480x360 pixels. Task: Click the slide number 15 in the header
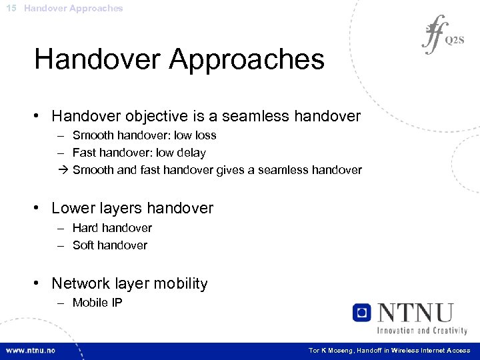(x=9, y=8)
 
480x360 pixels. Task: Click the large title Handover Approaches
(x=179, y=59)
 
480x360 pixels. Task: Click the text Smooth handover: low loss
(x=144, y=135)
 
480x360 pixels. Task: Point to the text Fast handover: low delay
(x=139, y=153)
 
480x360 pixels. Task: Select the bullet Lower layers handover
(x=132, y=208)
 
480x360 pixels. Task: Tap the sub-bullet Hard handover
(x=112, y=228)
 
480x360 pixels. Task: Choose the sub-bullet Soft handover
(x=110, y=245)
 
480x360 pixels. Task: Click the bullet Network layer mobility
(x=129, y=283)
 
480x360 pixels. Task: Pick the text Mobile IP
(x=97, y=303)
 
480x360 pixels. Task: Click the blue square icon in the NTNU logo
(x=362, y=313)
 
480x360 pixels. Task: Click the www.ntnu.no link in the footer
(x=31, y=350)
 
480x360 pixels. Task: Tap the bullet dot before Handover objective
(x=40, y=117)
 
